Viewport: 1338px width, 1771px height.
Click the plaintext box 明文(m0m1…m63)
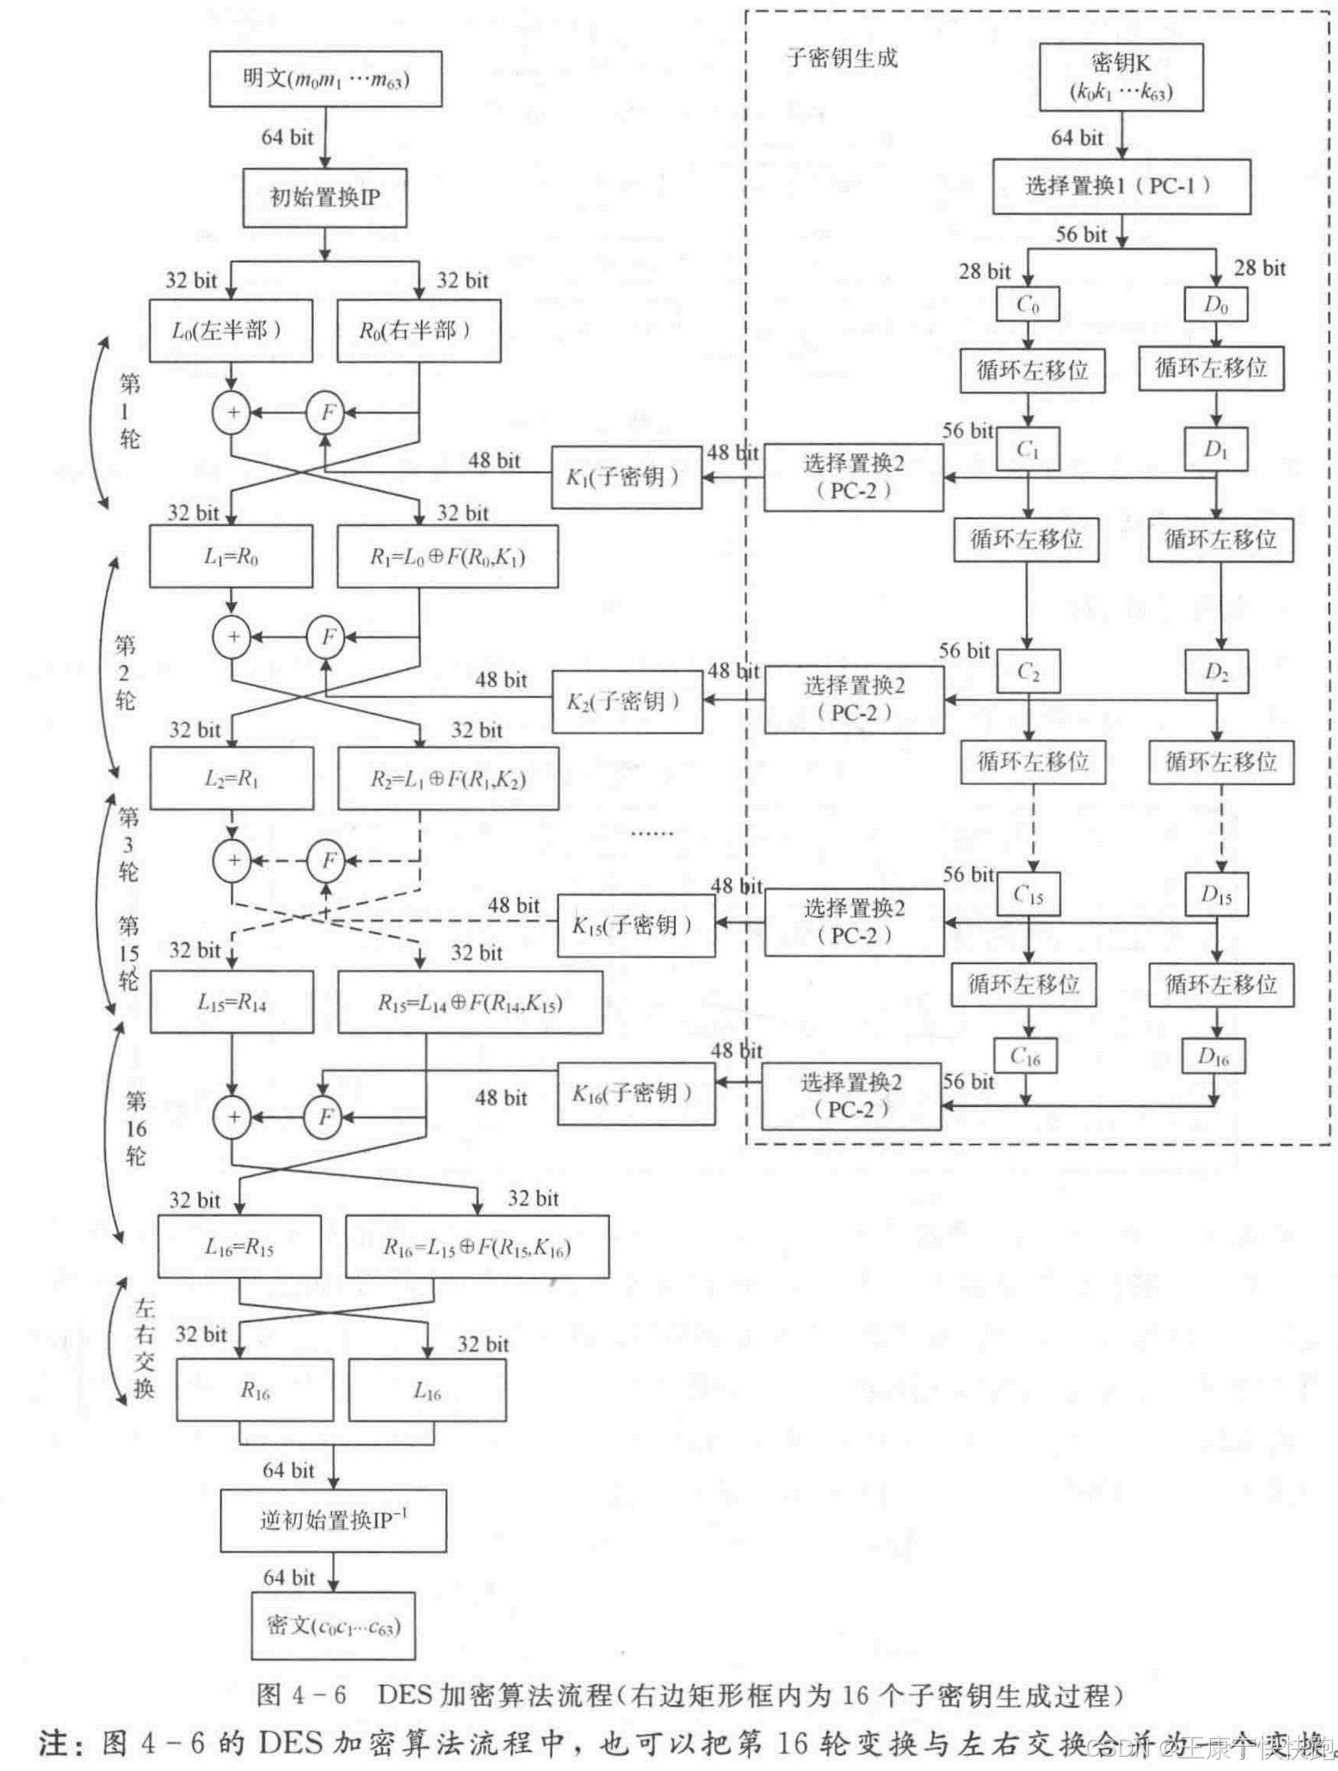[x=325, y=79]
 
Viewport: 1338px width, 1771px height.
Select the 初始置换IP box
[x=324, y=198]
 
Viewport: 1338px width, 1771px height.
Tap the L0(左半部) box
[x=231, y=330]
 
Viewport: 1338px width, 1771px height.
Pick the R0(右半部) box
[x=419, y=330]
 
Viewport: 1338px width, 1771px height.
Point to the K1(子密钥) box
[x=626, y=477]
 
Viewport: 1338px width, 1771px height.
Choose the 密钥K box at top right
[x=1121, y=77]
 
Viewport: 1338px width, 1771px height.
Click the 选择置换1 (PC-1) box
[x=1121, y=186]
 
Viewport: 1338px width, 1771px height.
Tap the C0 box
[x=1028, y=304]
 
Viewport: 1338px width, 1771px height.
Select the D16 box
[x=1214, y=1057]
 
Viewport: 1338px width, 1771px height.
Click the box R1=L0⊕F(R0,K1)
[x=447, y=556]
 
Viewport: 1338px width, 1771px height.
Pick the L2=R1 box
[x=231, y=778]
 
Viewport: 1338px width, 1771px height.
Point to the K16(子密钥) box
[x=636, y=1094]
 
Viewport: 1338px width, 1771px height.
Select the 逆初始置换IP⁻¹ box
[x=333, y=1521]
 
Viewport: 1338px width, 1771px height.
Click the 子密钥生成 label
[x=841, y=57]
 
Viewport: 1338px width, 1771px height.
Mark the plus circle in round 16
[x=234, y=1117]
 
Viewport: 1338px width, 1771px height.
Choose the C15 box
[x=1027, y=894]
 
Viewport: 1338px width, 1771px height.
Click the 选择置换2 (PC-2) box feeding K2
[x=854, y=699]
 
